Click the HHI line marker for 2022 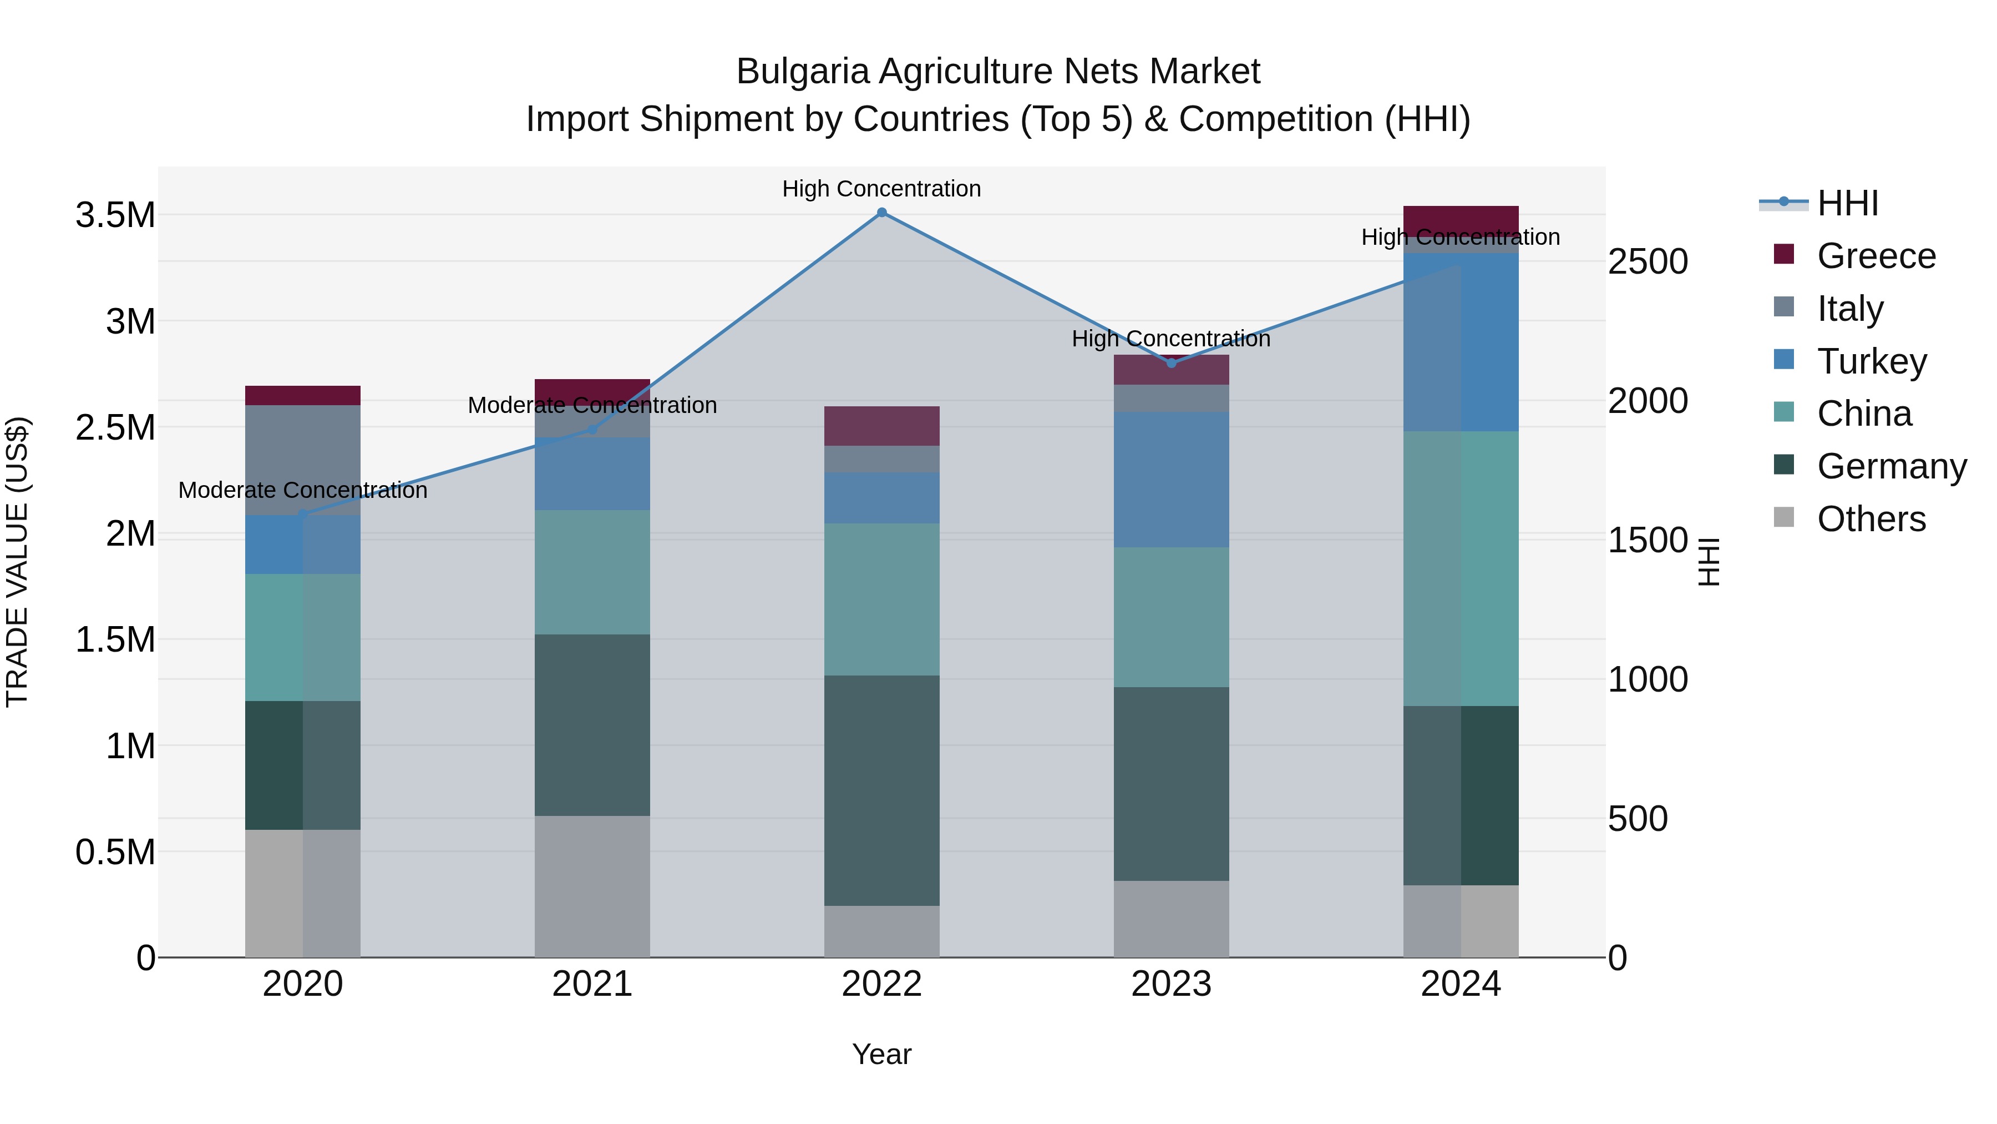click(881, 213)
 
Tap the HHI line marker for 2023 click(1172, 363)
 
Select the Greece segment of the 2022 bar click(881, 426)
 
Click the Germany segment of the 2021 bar click(592, 724)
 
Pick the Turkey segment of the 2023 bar click(1172, 480)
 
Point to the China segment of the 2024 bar click(1461, 568)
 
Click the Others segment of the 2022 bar click(881, 931)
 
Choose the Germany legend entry click(1891, 466)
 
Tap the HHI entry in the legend click(1847, 203)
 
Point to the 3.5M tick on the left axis click(115, 215)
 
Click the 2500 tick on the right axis click(1648, 261)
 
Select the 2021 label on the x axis click(592, 984)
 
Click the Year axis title click(881, 1054)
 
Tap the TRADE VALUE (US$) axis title click(17, 562)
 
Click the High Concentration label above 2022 click(881, 189)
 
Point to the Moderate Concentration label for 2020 click(302, 490)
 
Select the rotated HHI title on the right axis click(1708, 562)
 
